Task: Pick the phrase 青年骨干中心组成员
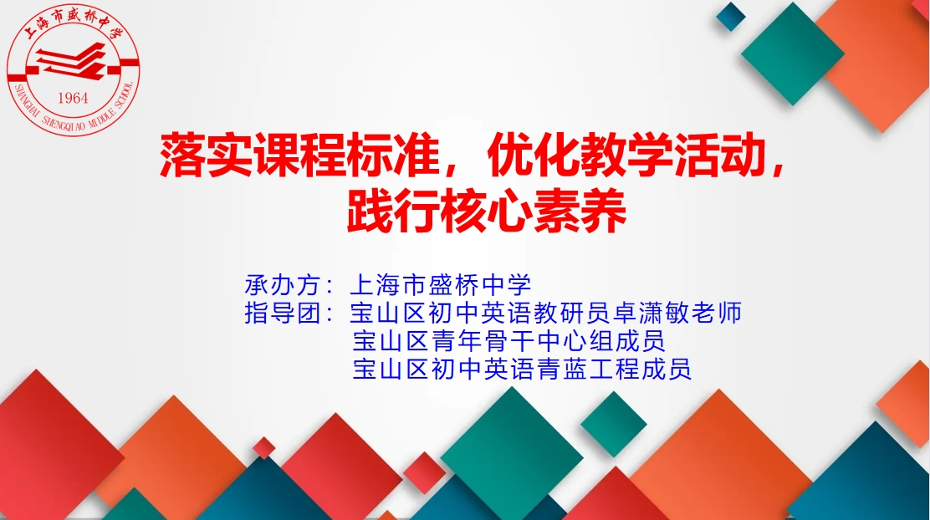coord(535,341)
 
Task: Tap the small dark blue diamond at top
coord(730,17)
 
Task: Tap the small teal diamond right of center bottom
coord(614,424)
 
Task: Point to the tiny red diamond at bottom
coord(264,448)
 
